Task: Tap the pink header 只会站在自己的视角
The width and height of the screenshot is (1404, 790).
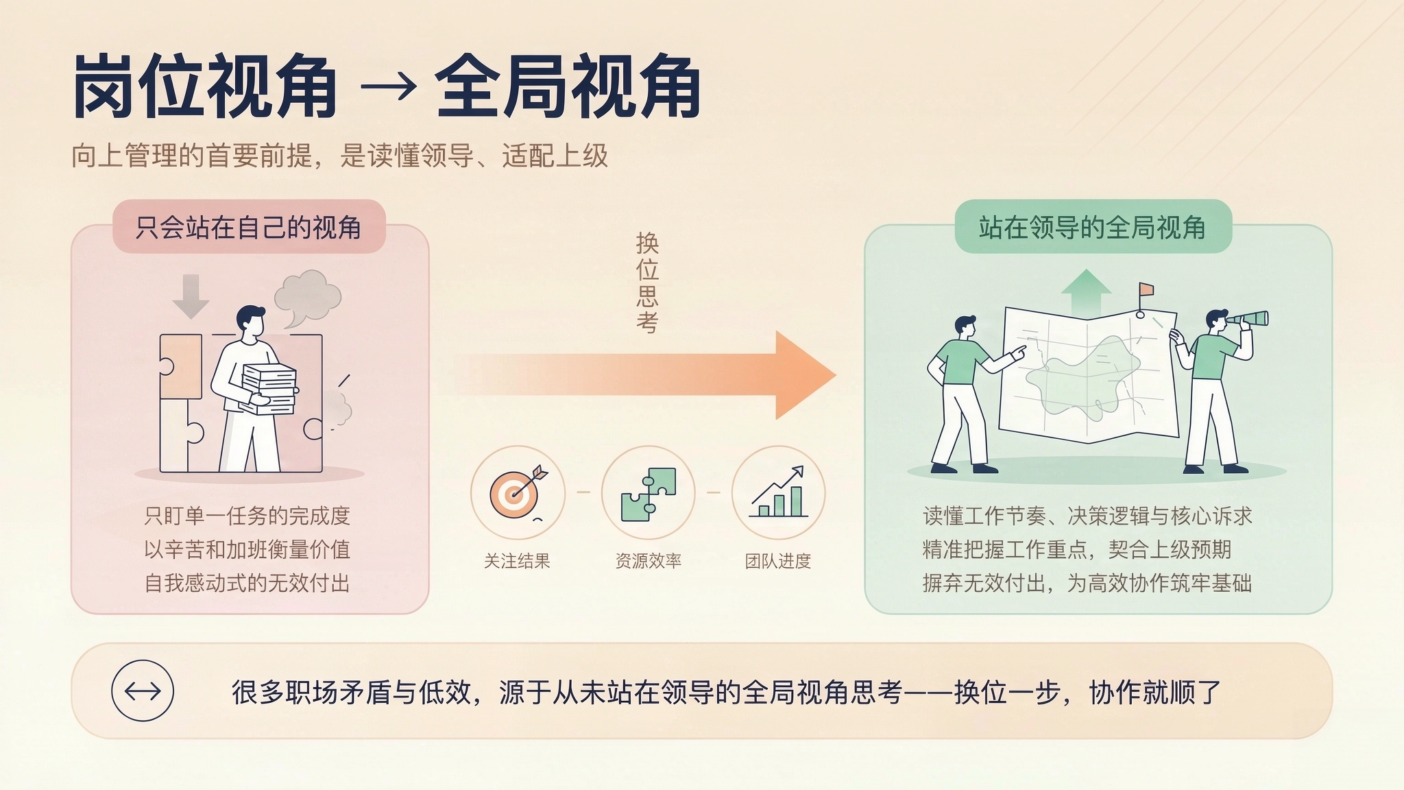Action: tap(249, 227)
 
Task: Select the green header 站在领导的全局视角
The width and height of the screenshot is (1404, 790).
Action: tap(1093, 227)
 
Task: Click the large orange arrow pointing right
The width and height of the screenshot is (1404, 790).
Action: tap(644, 375)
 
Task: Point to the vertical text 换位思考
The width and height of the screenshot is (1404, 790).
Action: tap(647, 283)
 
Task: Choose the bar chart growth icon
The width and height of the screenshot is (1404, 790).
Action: tap(778, 492)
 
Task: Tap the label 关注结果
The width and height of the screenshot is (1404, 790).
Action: tap(517, 561)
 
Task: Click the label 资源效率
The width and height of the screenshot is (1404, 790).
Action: tap(648, 561)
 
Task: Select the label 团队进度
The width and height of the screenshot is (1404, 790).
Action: tap(778, 561)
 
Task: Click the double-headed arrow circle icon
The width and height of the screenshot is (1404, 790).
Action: tap(143, 691)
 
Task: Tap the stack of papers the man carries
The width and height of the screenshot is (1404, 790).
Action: tap(269, 389)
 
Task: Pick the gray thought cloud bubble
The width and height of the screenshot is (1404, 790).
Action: tap(307, 298)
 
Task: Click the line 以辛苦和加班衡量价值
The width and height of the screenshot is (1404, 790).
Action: tap(247, 549)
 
